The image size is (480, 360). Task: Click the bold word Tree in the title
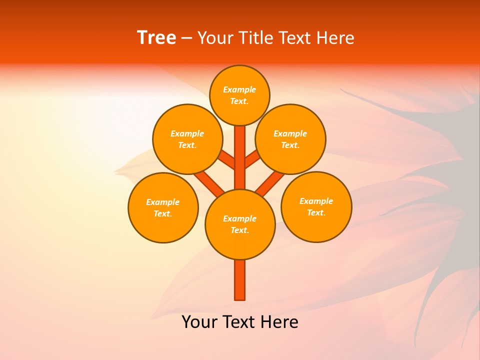[156, 38]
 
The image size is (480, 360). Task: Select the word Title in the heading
[255, 38]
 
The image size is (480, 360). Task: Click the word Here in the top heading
[335, 38]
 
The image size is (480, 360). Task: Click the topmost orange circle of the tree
[239, 95]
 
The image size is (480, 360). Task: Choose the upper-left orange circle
[187, 139]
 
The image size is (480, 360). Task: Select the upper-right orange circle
[290, 139]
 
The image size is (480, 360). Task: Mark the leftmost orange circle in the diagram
[163, 207]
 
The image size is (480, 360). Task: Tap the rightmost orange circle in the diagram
[316, 206]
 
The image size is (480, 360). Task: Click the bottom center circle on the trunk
[240, 224]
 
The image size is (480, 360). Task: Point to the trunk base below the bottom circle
[240, 280]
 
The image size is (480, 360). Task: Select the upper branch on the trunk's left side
[227, 160]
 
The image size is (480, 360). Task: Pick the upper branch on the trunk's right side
[252, 160]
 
